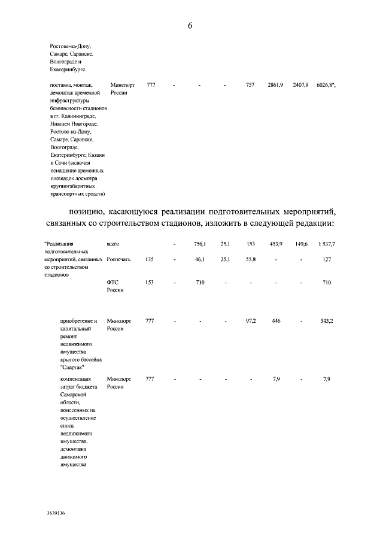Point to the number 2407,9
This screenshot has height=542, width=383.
(x=301, y=86)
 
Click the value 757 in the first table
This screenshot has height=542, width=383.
(x=251, y=86)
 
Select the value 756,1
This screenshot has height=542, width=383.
(x=200, y=244)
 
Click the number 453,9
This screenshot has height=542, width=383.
(x=276, y=244)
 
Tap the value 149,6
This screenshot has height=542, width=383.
(x=301, y=244)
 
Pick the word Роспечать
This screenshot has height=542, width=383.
(x=120, y=260)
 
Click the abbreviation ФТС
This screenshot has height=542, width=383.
(x=113, y=282)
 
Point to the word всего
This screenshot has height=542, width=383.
(x=114, y=244)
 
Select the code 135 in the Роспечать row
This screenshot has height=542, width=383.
(x=150, y=260)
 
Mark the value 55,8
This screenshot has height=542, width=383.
(x=251, y=260)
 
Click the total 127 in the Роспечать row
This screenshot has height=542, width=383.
(x=327, y=260)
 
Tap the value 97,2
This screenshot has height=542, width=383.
(x=251, y=321)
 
